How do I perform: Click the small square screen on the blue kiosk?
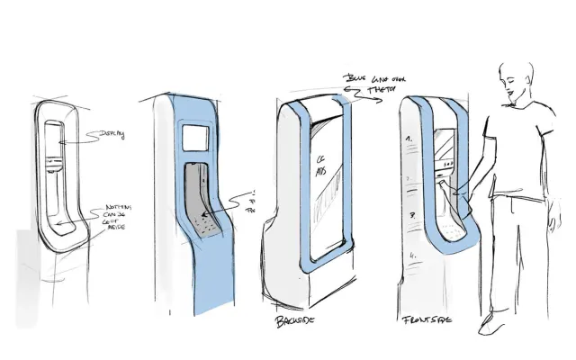click(196, 137)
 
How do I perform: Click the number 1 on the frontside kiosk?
click(409, 139)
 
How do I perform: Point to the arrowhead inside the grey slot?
click(202, 217)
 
